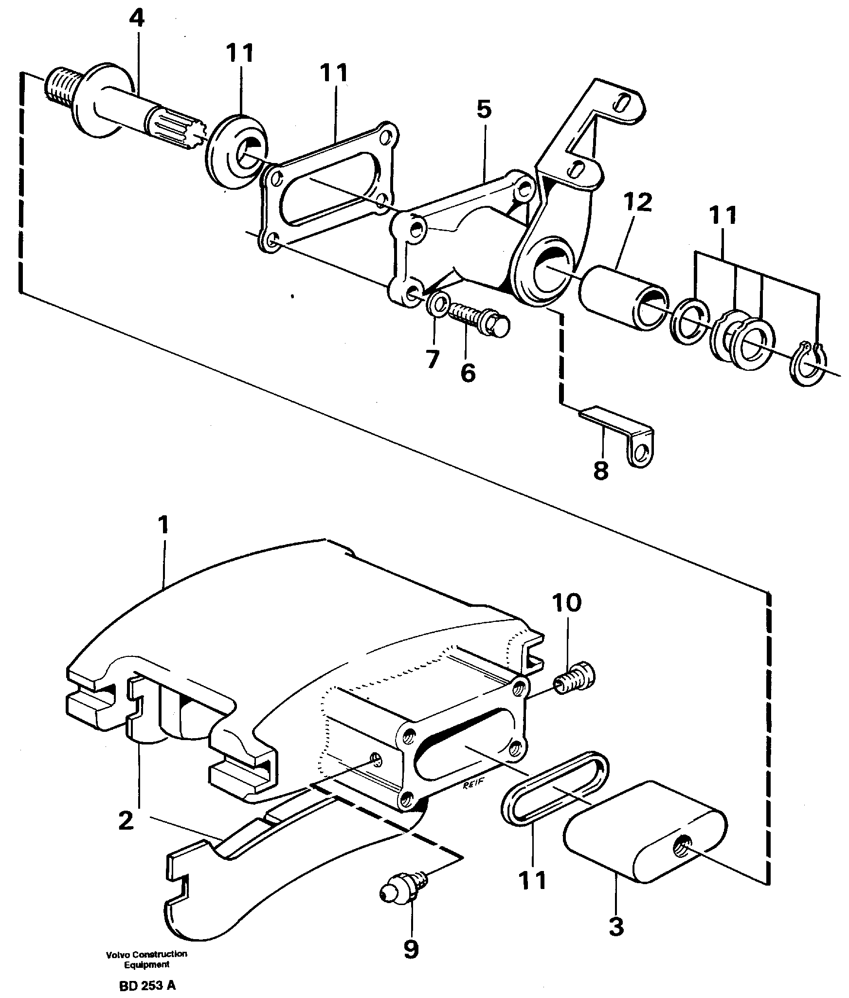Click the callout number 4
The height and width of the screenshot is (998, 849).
click(x=137, y=18)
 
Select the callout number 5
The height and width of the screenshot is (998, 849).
click(x=484, y=110)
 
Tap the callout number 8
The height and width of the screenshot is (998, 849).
click(x=601, y=471)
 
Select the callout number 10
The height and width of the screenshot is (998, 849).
click(x=566, y=603)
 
